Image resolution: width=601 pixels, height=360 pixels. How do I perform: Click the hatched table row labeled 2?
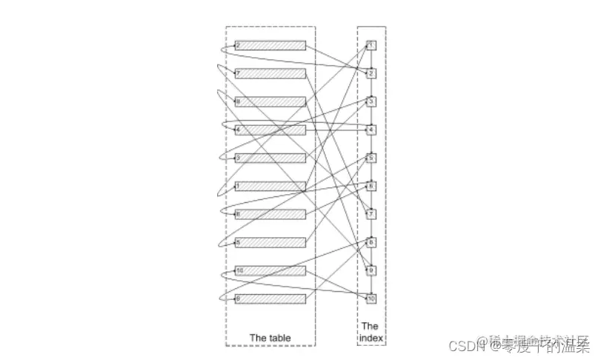pyautogui.click(x=270, y=46)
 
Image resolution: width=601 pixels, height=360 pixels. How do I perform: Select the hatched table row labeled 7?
pyautogui.click(x=270, y=74)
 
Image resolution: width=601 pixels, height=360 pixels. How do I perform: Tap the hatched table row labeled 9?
pyautogui.click(x=270, y=102)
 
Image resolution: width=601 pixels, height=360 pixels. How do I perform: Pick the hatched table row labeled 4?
pyautogui.click(x=270, y=130)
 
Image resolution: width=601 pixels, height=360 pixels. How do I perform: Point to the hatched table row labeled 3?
pyautogui.click(x=270, y=159)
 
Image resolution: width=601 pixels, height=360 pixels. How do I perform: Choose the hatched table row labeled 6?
pyautogui.click(x=270, y=215)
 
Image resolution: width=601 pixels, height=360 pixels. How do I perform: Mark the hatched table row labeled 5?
pyautogui.click(x=270, y=243)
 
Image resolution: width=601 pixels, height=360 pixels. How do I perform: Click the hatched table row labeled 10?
pyautogui.click(x=270, y=271)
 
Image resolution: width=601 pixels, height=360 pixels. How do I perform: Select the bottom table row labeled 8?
pyautogui.click(x=270, y=299)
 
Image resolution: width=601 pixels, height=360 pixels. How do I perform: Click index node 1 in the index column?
pyautogui.click(x=371, y=46)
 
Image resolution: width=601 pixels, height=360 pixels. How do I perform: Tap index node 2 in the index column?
pyautogui.click(x=371, y=74)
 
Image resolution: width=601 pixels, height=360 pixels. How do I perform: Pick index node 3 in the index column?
pyautogui.click(x=371, y=102)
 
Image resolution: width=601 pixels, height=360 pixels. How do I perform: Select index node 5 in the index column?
pyautogui.click(x=371, y=159)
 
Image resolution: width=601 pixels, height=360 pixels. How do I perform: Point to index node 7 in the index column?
pyautogui.click(x=371, y=215)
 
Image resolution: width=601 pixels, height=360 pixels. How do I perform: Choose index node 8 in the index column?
pyautogui.click(x=371, y=243)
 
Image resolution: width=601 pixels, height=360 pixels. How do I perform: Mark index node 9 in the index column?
pyautogui.click(x=371, y=271)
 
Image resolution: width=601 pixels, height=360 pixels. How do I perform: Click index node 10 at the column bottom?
pyautogui.click(x=371, y=299)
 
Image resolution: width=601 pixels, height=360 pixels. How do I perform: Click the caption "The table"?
pyautogui.click(x=270, y=339)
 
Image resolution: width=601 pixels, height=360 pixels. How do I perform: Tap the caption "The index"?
pyautogui.click(x=370, y=332)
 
